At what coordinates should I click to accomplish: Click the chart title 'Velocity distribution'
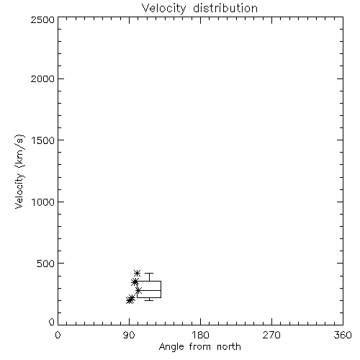tap(199, 9)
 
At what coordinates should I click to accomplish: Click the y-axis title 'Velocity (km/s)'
tap(19, 171)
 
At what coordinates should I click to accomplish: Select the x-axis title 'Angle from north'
tap(199, 347)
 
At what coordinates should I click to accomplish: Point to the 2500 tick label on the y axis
tap(42, 19)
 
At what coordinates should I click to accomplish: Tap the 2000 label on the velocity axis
tap(42, 78)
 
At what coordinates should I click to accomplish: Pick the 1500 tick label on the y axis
tap(43, 140)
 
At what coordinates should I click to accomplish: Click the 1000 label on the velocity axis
tap(43, 202)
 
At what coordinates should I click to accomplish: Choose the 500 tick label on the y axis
tap(46, 264)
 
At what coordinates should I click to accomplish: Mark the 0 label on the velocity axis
tap(52, 322)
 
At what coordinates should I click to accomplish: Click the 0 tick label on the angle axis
tap(58, 335)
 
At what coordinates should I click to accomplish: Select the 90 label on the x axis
tap(129, 335)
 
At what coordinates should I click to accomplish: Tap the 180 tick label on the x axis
tap(200, 335)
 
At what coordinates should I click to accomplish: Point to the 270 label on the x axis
tap(271, 335)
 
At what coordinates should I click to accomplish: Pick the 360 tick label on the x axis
tap(343, 335)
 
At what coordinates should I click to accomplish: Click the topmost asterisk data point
tap(137, 273)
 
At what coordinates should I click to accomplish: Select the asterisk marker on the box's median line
tap(138, 291)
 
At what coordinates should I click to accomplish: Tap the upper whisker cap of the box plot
tap(149, 273)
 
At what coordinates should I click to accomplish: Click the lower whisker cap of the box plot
tap(149, 300)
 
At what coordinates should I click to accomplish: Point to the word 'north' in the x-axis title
tap(229, 347)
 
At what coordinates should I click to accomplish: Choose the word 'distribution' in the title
tap(225, 9)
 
